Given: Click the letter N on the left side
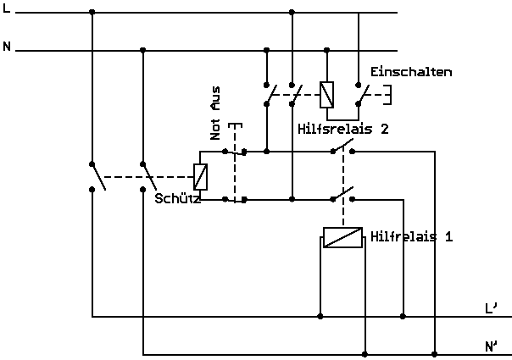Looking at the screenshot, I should tap(8, 46).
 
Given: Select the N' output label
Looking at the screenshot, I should tap(492, 346).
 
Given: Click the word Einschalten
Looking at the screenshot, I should tap(411, 72).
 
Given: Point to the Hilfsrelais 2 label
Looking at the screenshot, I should tap(343, 130).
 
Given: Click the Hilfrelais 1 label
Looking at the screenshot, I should tap(411, 237).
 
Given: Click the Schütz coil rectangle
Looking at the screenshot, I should tap(201, 176).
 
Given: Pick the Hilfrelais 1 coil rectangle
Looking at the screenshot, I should tap(343, 237).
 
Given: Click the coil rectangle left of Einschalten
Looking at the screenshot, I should tap(326, 94).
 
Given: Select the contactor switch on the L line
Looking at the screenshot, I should tap(97, 176).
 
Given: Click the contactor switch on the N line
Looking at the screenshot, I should tap(149, 176).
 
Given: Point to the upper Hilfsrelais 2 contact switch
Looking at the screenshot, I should tap(342, 151).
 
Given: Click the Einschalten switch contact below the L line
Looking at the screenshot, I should tap(361, 94).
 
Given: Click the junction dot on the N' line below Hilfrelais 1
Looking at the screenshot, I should tap(365, 353).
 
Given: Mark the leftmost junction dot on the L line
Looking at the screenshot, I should tap(92, 12).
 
